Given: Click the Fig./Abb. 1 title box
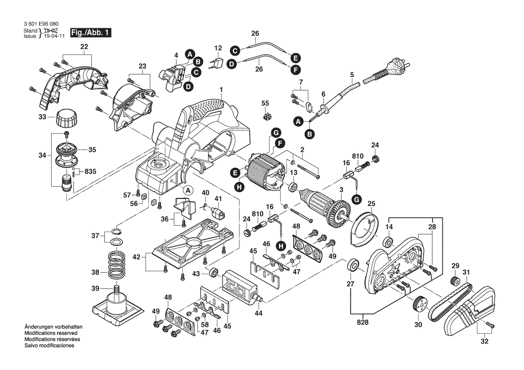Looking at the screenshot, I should [x=89, y=33].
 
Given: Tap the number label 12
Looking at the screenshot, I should [x=218, y=48].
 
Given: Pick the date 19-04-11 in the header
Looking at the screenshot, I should [x=54, y=36].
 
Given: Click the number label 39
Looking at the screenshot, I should [x=95, y=288].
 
